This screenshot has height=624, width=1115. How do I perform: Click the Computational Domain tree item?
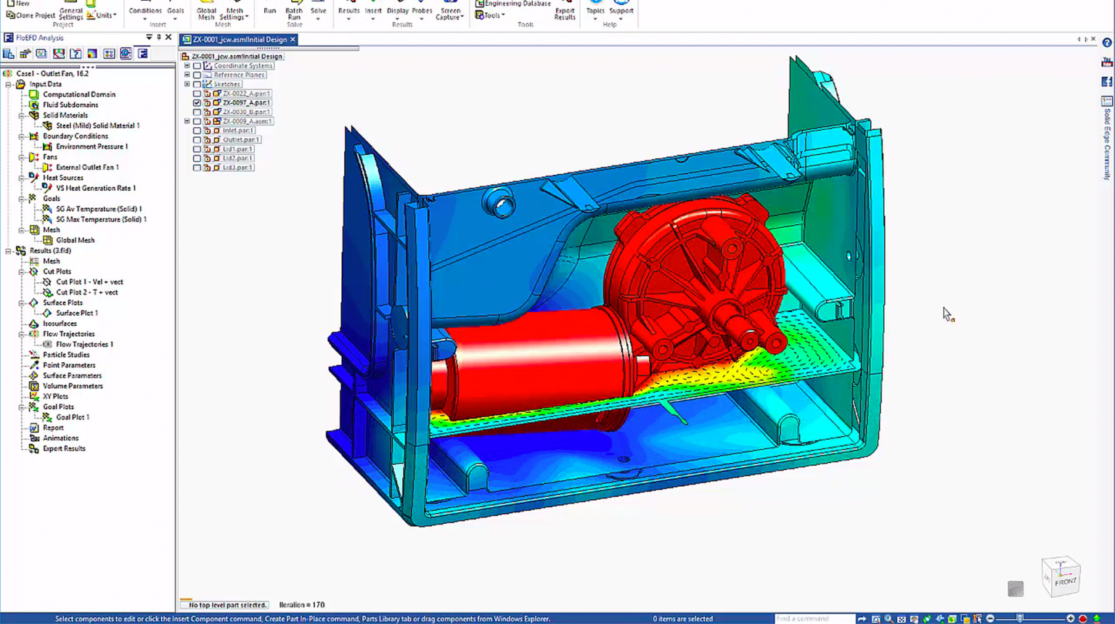click(x=78, y=94)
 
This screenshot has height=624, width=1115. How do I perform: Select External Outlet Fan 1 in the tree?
click(x=87, y=167)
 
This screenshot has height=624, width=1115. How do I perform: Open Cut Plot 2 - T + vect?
click(x=86, y=292)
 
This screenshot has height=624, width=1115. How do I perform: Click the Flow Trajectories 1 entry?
click(x=84, y=345)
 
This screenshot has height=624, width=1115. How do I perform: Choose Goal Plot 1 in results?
click(x=73, y=417)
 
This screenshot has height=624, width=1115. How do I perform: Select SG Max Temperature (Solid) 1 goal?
click(x=101, y=219)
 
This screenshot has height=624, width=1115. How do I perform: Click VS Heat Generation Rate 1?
click(x=95, y=188)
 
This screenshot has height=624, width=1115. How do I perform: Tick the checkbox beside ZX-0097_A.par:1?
click(x=197, y=103)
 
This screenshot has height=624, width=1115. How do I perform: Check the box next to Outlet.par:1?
click(x=197, y=140)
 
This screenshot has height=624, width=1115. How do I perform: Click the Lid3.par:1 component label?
click(x=237, y=168)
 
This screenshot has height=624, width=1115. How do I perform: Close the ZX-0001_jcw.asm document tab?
click(x=293, y=40)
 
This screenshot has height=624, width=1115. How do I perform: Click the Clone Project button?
click(x=30, y=15)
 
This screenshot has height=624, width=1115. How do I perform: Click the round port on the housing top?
click(x=501, y=204)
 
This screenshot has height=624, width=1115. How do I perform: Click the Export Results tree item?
click(x=64, y=448)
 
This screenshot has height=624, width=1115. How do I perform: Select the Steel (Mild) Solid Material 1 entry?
click(x=97, y=126)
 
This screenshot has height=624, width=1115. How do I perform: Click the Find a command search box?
click(x=813, y=618)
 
